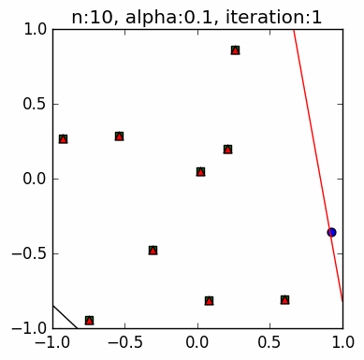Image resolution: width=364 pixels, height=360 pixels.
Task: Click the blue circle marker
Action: click(x=331, y=232)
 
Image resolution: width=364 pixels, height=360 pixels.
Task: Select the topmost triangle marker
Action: click(x=235, y=50)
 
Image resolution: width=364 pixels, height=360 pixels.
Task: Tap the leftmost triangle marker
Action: click(x=63, y=138)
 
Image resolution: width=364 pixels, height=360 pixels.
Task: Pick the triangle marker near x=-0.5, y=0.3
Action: click(x=119, y=136)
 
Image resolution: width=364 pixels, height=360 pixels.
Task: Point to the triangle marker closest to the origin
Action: click(x=200, y=171)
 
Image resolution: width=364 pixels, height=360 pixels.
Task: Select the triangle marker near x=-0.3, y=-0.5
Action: click(x=153, y=250)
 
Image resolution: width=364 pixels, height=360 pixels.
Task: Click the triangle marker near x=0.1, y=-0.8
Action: click(x=209, y=300)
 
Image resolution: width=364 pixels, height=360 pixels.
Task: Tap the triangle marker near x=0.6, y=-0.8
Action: click(x=284, y=299)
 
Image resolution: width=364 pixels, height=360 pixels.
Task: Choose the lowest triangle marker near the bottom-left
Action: click(x=89, y=320)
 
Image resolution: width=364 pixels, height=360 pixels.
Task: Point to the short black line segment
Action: click(x=64, y=316)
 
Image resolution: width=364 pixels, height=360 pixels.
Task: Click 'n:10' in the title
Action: click(x=92, y=14)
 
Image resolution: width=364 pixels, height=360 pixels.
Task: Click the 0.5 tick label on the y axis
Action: click(x=35, y=104)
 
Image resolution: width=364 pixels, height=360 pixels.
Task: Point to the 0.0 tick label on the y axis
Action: click(x=35, y=179)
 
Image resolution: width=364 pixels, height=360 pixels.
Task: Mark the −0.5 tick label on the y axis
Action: click(x=32, y=253)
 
